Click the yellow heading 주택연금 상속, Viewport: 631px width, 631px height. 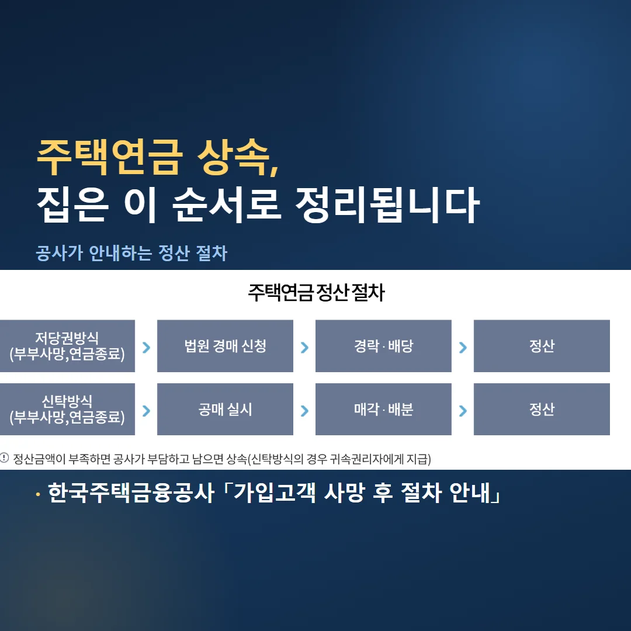point(158,157)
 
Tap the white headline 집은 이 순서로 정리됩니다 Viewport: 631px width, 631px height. point(258,205)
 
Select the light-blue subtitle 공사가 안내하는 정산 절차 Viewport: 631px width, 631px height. point(131,253)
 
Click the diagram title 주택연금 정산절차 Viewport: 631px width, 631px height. point(316,293)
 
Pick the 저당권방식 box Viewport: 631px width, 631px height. point(67,346)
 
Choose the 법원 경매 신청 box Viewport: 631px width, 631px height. point(225,346)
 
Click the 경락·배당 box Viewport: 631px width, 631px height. point(383,346)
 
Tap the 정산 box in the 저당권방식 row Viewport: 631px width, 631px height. point(542,346)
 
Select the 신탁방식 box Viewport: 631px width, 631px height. point(67,409)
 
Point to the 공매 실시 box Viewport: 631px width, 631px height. point(225,409)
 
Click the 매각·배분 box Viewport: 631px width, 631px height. point(383,409)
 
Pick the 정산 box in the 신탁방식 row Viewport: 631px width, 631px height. point(542,409)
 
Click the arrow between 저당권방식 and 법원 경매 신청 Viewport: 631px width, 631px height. point(147,347)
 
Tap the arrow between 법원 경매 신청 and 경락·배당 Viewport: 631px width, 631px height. point(304,347)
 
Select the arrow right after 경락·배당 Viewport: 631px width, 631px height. point(463,347)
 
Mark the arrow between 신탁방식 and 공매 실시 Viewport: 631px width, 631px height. point(147,411)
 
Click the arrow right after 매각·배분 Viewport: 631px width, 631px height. point(463,411)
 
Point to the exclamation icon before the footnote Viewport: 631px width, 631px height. point(4,458)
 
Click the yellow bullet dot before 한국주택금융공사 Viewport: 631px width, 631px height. point(38,495)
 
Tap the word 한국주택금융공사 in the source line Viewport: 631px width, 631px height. point(131,493)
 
